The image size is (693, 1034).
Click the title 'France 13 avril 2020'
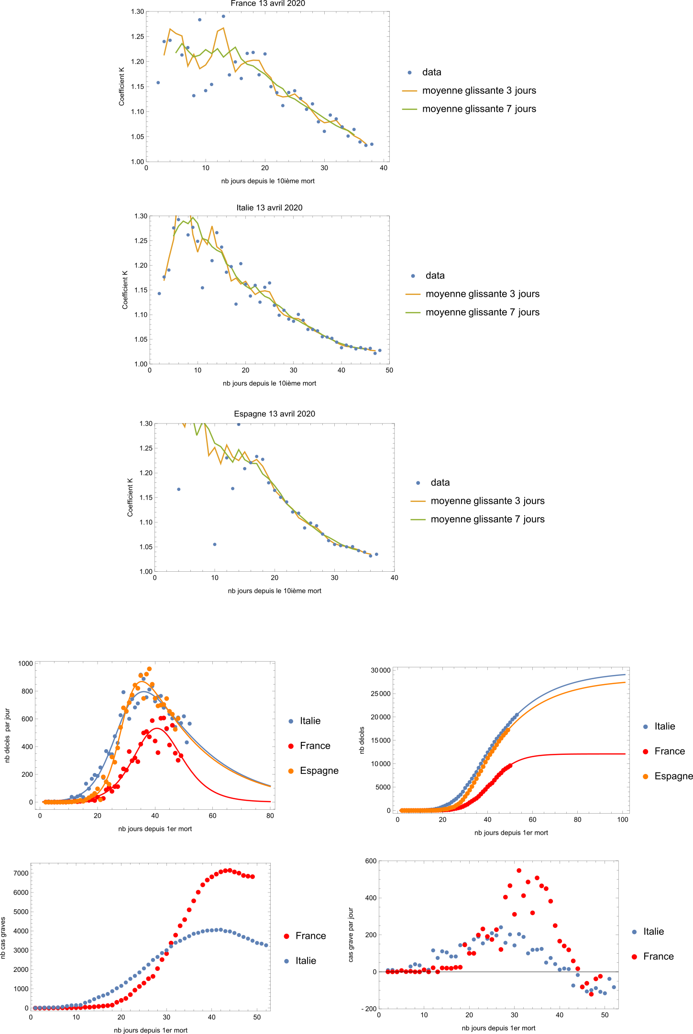click(x=268, y=4)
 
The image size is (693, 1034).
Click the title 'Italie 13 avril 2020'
click(x=269, y=207)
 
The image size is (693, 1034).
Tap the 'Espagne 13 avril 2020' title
click(x=275, y=414)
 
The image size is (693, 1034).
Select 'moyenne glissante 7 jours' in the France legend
click(x=479, y=109)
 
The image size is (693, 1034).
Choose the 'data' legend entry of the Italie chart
click(x=435, y=275)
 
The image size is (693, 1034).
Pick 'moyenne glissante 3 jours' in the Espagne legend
click(x=487, y=501)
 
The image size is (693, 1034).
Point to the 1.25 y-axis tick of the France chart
click(x=137, y=37)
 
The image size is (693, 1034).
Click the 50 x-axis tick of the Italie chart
click(x=389, y=370)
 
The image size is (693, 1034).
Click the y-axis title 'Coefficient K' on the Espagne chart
click(x=130, y=497)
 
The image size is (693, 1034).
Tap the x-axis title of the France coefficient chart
click(x=268, y=181)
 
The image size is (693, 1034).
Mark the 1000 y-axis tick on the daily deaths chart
click(x=25, y=664)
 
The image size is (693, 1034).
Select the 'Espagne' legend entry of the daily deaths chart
click(x=319, y=771)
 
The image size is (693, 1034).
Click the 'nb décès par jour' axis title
click(x=8, y=735)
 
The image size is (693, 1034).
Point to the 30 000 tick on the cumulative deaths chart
click(x=380, y=670)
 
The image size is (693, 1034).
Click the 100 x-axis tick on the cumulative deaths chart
click(x=623, y=819)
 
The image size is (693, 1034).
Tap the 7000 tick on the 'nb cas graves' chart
click(x=21, y=873)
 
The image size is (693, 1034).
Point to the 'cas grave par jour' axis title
click(x=351, y=935)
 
